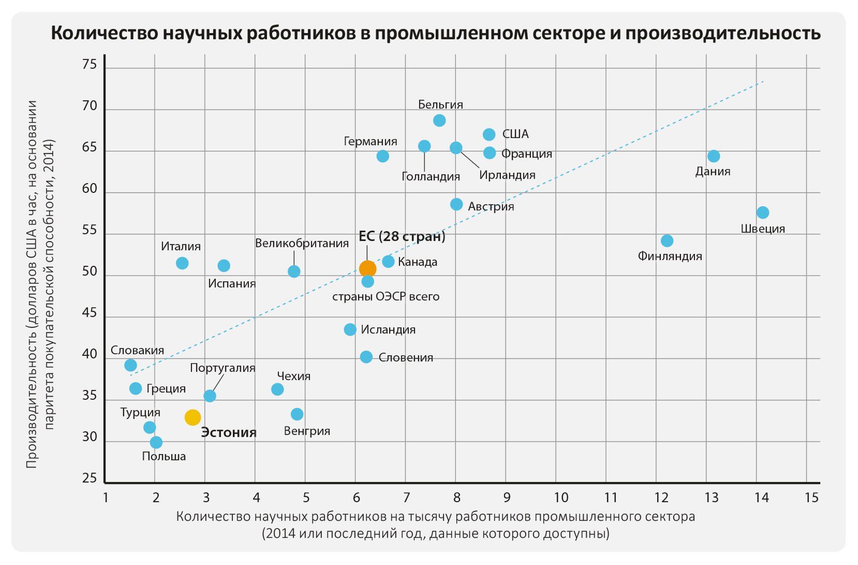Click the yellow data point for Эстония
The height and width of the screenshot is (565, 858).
(193, 417)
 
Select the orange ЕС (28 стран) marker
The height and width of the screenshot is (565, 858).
(367, 269)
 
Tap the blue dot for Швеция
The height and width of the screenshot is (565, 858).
(763, 213)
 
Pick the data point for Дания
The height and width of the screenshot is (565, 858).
(714, 156)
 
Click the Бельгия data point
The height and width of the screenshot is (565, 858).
(439, 121)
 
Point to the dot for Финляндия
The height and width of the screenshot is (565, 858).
(667, 241)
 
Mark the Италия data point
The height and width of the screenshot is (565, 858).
(182, 263)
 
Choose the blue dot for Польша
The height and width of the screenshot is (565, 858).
(156, 443)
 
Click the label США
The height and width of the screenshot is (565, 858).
(515, 134)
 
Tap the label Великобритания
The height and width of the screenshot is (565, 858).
(302, 243)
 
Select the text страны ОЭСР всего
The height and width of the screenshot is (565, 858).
(386, 297)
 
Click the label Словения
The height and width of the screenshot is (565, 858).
(405, 357)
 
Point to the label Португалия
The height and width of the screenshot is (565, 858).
(223, 368)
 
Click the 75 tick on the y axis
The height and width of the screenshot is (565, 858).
(89, 65)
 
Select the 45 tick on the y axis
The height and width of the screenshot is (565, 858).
(89, 313)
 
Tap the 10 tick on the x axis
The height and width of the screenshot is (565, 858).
(561, 498)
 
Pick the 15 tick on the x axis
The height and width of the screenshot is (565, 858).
(811, 498)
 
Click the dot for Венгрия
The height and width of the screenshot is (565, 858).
(297, 414)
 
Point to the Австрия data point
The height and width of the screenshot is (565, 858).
(456, 204)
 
